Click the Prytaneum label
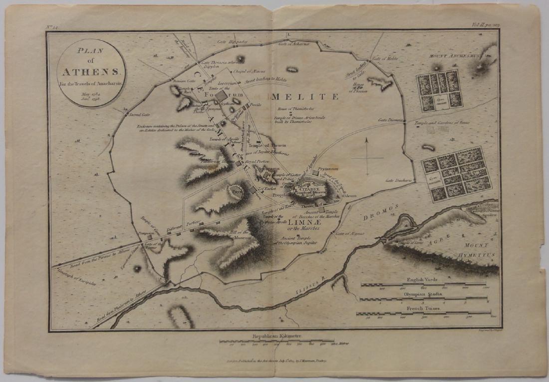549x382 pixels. click(328, 169)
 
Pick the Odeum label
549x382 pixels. click(350, 196)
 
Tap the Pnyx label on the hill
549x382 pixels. click(236, 190)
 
